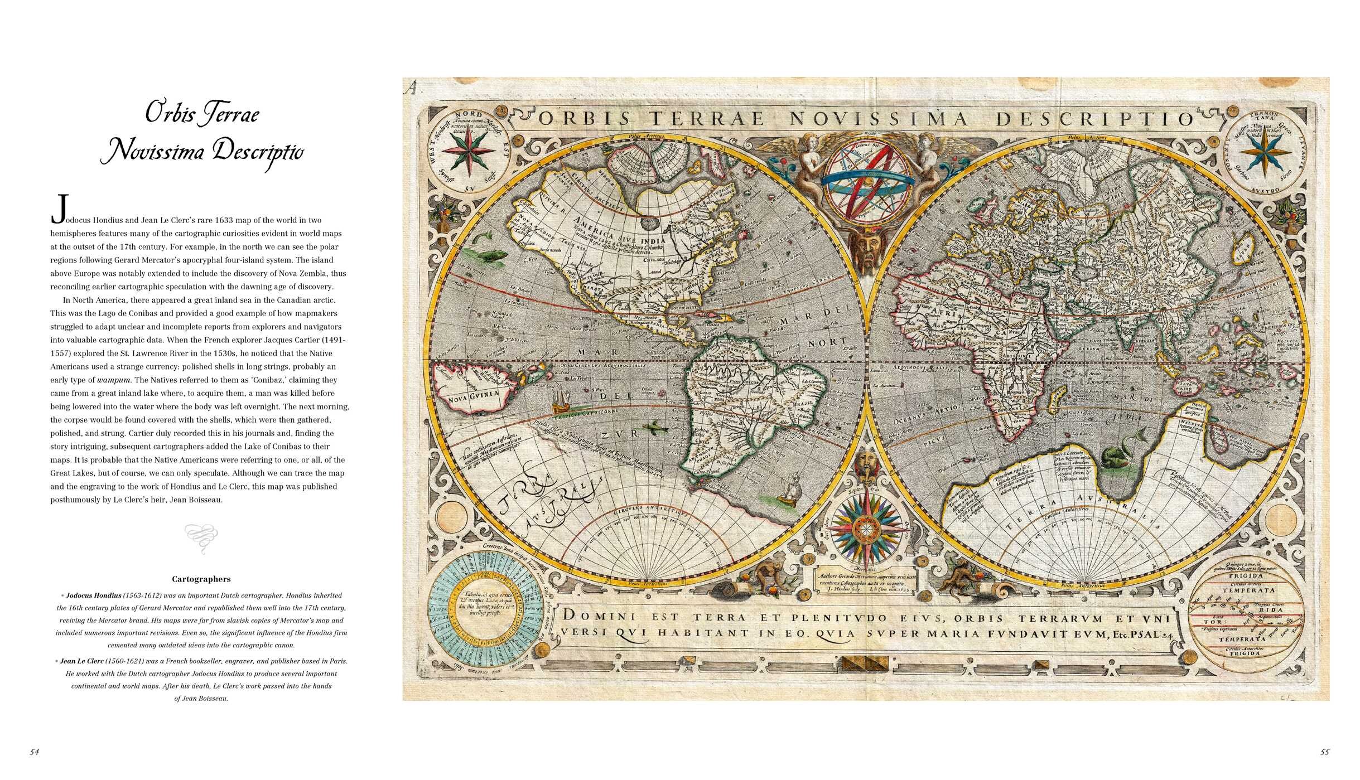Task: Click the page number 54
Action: (35, 752)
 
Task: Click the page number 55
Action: (1325, 752)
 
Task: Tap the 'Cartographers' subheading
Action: (201, 579)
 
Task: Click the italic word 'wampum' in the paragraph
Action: (114, 380)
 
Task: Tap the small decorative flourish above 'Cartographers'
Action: (201, 538)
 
